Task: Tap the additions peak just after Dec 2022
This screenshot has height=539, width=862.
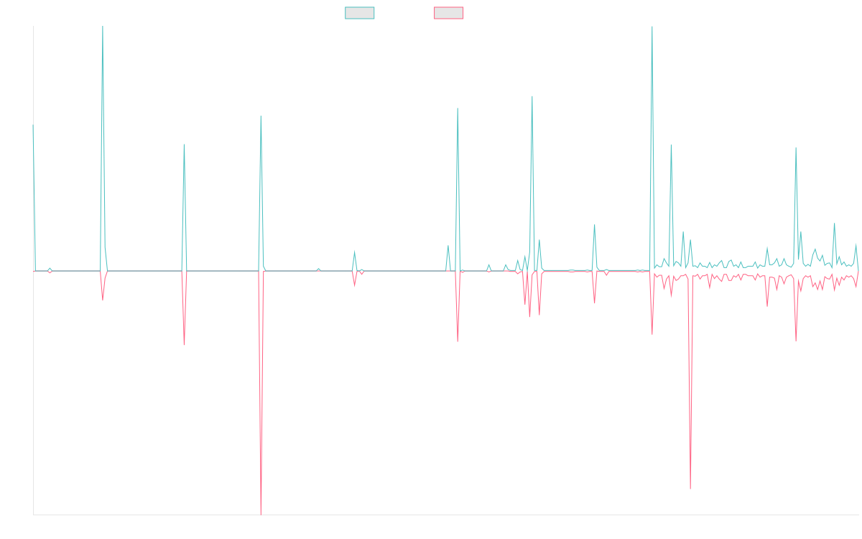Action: click(458, 109)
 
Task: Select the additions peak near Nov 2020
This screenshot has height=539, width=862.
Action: click(185, 144)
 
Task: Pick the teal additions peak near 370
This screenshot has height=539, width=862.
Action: click(532, 96)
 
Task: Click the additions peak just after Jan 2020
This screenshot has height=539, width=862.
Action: click(103, 27)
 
